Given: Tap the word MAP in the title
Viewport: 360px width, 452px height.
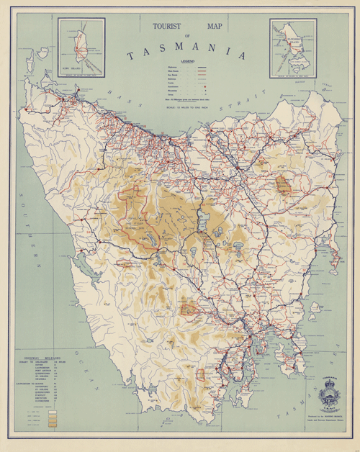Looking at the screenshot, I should point(215,27).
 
